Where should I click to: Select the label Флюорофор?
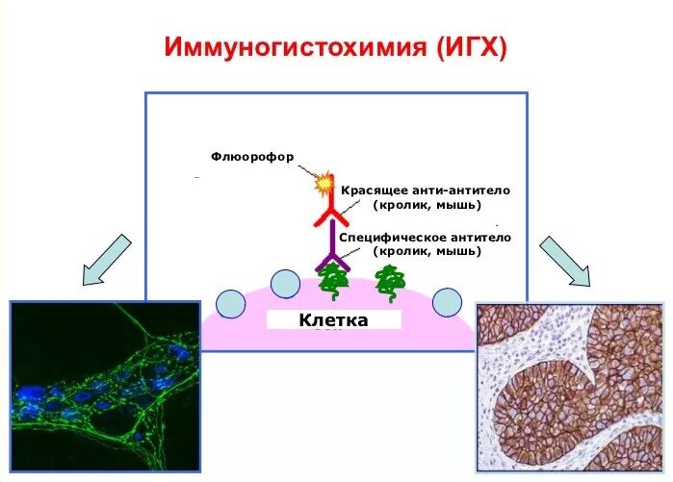[x=253, y=156]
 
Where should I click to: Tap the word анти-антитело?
[x=459, y=190]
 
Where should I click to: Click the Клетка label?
[x=333, y=319]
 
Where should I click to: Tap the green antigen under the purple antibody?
[x=333, y=280]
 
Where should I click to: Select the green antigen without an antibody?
[x=390, y=280]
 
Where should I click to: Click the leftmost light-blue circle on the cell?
[x=231, y=303]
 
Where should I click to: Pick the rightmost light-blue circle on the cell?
[x=447, y=302]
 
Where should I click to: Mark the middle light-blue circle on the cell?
[x=285, y=284]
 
